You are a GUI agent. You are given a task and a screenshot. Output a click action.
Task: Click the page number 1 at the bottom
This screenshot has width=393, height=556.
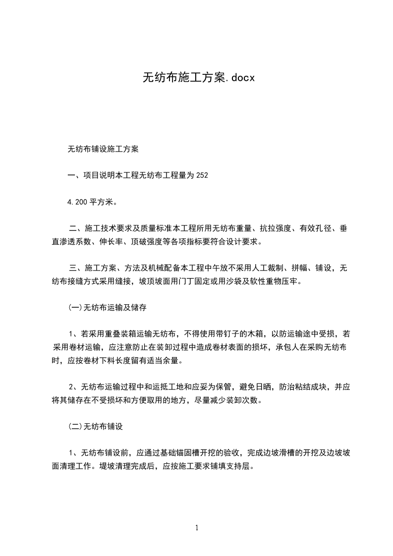pos(197,528)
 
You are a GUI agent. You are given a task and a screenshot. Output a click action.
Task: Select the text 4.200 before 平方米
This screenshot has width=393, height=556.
pos(77,202)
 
